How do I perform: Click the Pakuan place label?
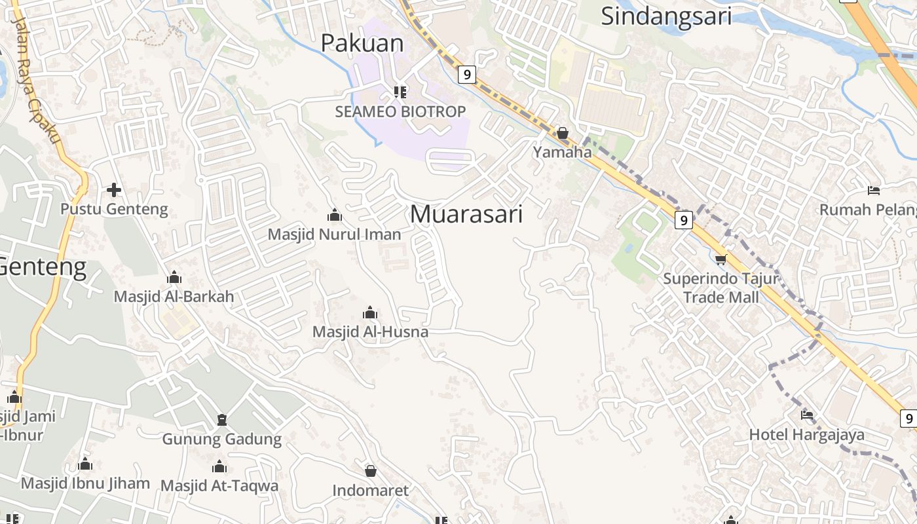pos(362,43)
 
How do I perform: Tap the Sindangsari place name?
pos(666,16)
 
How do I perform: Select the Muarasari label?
pos(466,214)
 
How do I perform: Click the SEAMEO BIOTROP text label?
pos(400,111)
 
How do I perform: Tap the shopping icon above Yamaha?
pos(562,134)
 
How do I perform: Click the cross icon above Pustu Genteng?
pos(114,190)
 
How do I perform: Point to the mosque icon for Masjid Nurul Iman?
pos(335,215)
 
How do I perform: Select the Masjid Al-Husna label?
pos(370,331)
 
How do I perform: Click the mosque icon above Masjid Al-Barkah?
pos(174,277)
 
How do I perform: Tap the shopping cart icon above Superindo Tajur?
pos(721,259)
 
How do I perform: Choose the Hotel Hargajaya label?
pos(806,434)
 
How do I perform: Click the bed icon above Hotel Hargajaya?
pos(807,415)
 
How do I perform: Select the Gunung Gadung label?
pos(221,438)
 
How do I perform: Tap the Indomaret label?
pos(370,490)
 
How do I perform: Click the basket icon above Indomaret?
pos(371,471)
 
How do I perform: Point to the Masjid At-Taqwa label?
pos(219,485)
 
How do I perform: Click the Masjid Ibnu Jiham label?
pos(85,483)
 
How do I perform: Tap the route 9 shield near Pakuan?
pos(466,74)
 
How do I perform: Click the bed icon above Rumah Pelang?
pos(874,191)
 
